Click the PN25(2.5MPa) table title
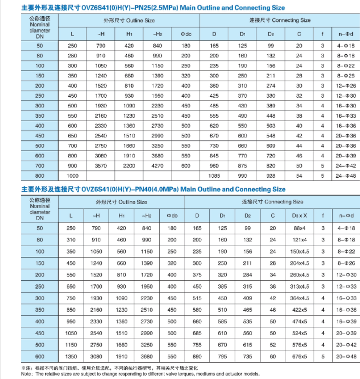point(154,8)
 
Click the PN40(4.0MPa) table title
point(154,189)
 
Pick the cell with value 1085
point(214,176)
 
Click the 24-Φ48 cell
point(346,176)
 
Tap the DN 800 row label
point(40,176)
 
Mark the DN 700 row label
point(40,166)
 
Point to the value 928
point(270,176)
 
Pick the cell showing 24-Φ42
point(346,166)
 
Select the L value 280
point(72,56)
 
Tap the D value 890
point(197,356)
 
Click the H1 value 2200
point(129,166)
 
